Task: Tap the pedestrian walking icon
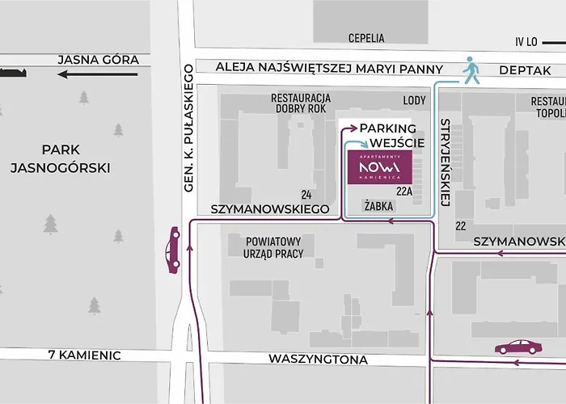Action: (x=471, y=70)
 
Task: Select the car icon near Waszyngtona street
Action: (x=518, y=347)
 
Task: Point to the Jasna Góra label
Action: (x=99, y=60)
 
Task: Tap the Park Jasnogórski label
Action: (x=61, y=158)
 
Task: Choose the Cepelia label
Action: (x=366, y=38)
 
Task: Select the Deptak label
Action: (x=525, y=70)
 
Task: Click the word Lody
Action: (x=414, y=100)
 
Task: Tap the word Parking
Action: (x=387, y=128)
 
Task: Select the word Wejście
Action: (x=392, y=143)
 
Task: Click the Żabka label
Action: (x=378, y=206)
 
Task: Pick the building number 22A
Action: (x=404, y=191)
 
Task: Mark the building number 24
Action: (x=306, y=195)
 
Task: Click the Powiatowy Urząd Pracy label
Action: (x=266, y=247)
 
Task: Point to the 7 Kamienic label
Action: (x=84, y=355)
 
